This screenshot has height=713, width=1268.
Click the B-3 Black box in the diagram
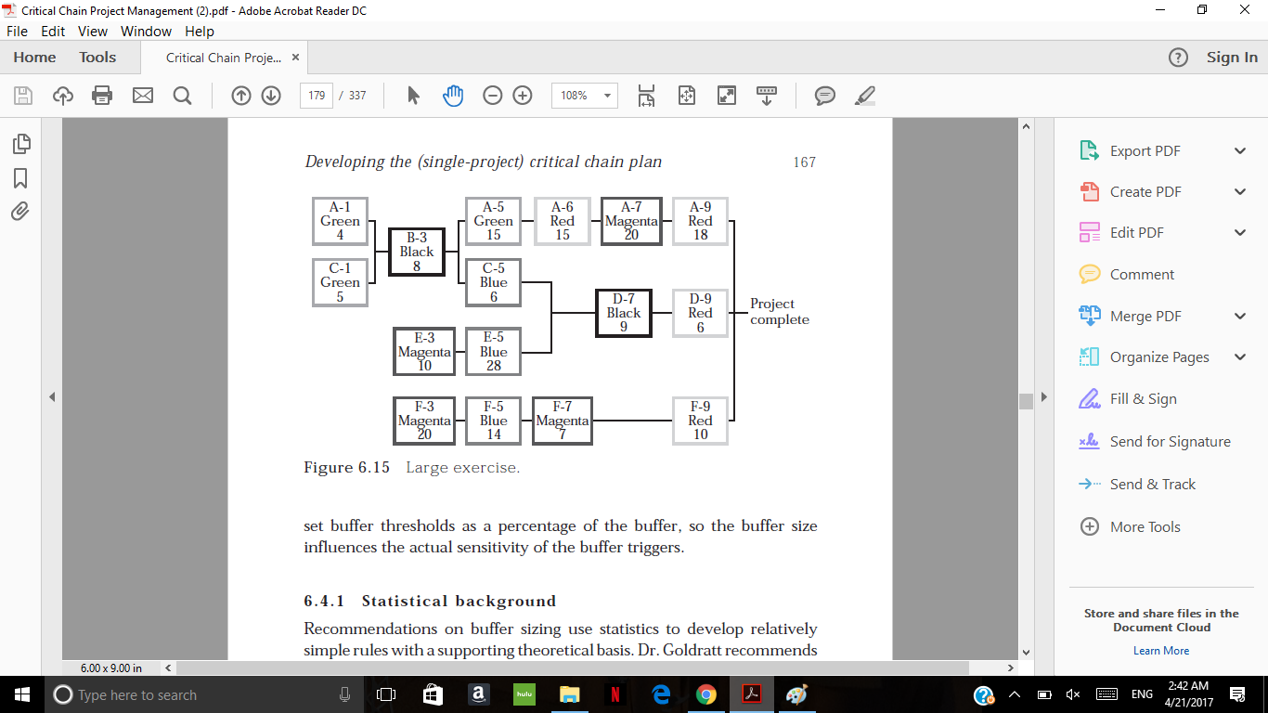[417, 252]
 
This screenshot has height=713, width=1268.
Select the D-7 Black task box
[623, 313]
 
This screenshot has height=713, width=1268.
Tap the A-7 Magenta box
[631, 222]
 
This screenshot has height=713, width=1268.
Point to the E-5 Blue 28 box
[493, 352]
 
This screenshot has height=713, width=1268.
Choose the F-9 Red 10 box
[700, 421]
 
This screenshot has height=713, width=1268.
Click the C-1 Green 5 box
[340, 282]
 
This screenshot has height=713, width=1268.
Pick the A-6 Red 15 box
[563, 222]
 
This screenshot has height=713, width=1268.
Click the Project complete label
[780, 312]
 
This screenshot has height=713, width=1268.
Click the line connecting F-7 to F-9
[633, 421]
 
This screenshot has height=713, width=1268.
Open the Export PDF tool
[1145, 151]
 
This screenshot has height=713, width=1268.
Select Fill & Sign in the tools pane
[1143, 399]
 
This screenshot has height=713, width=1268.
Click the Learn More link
[1161, 651]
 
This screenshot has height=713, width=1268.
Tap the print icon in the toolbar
[102, 95]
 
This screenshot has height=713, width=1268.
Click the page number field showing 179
[317, 95]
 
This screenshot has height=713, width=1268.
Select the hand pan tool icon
[453, 95]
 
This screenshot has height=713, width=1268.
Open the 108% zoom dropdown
[584, 95]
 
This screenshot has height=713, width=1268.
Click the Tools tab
[97, 58]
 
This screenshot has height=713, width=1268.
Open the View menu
[93, 32]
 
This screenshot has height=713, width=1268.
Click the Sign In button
[1232, 58]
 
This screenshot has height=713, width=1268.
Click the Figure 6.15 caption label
[346, 468]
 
